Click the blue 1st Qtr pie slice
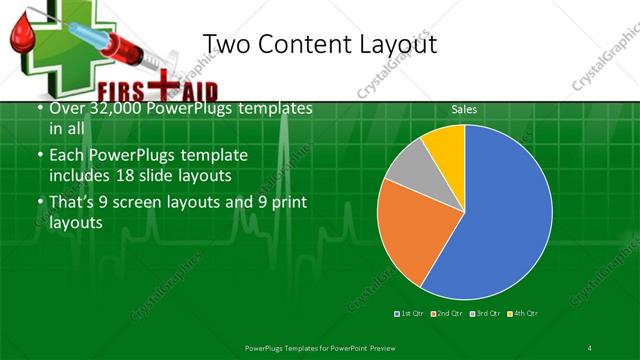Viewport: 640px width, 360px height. [x=500, y=215]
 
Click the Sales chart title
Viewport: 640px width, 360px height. [x=463, y=108]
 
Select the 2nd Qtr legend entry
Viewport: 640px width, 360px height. [x=448, y=313]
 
